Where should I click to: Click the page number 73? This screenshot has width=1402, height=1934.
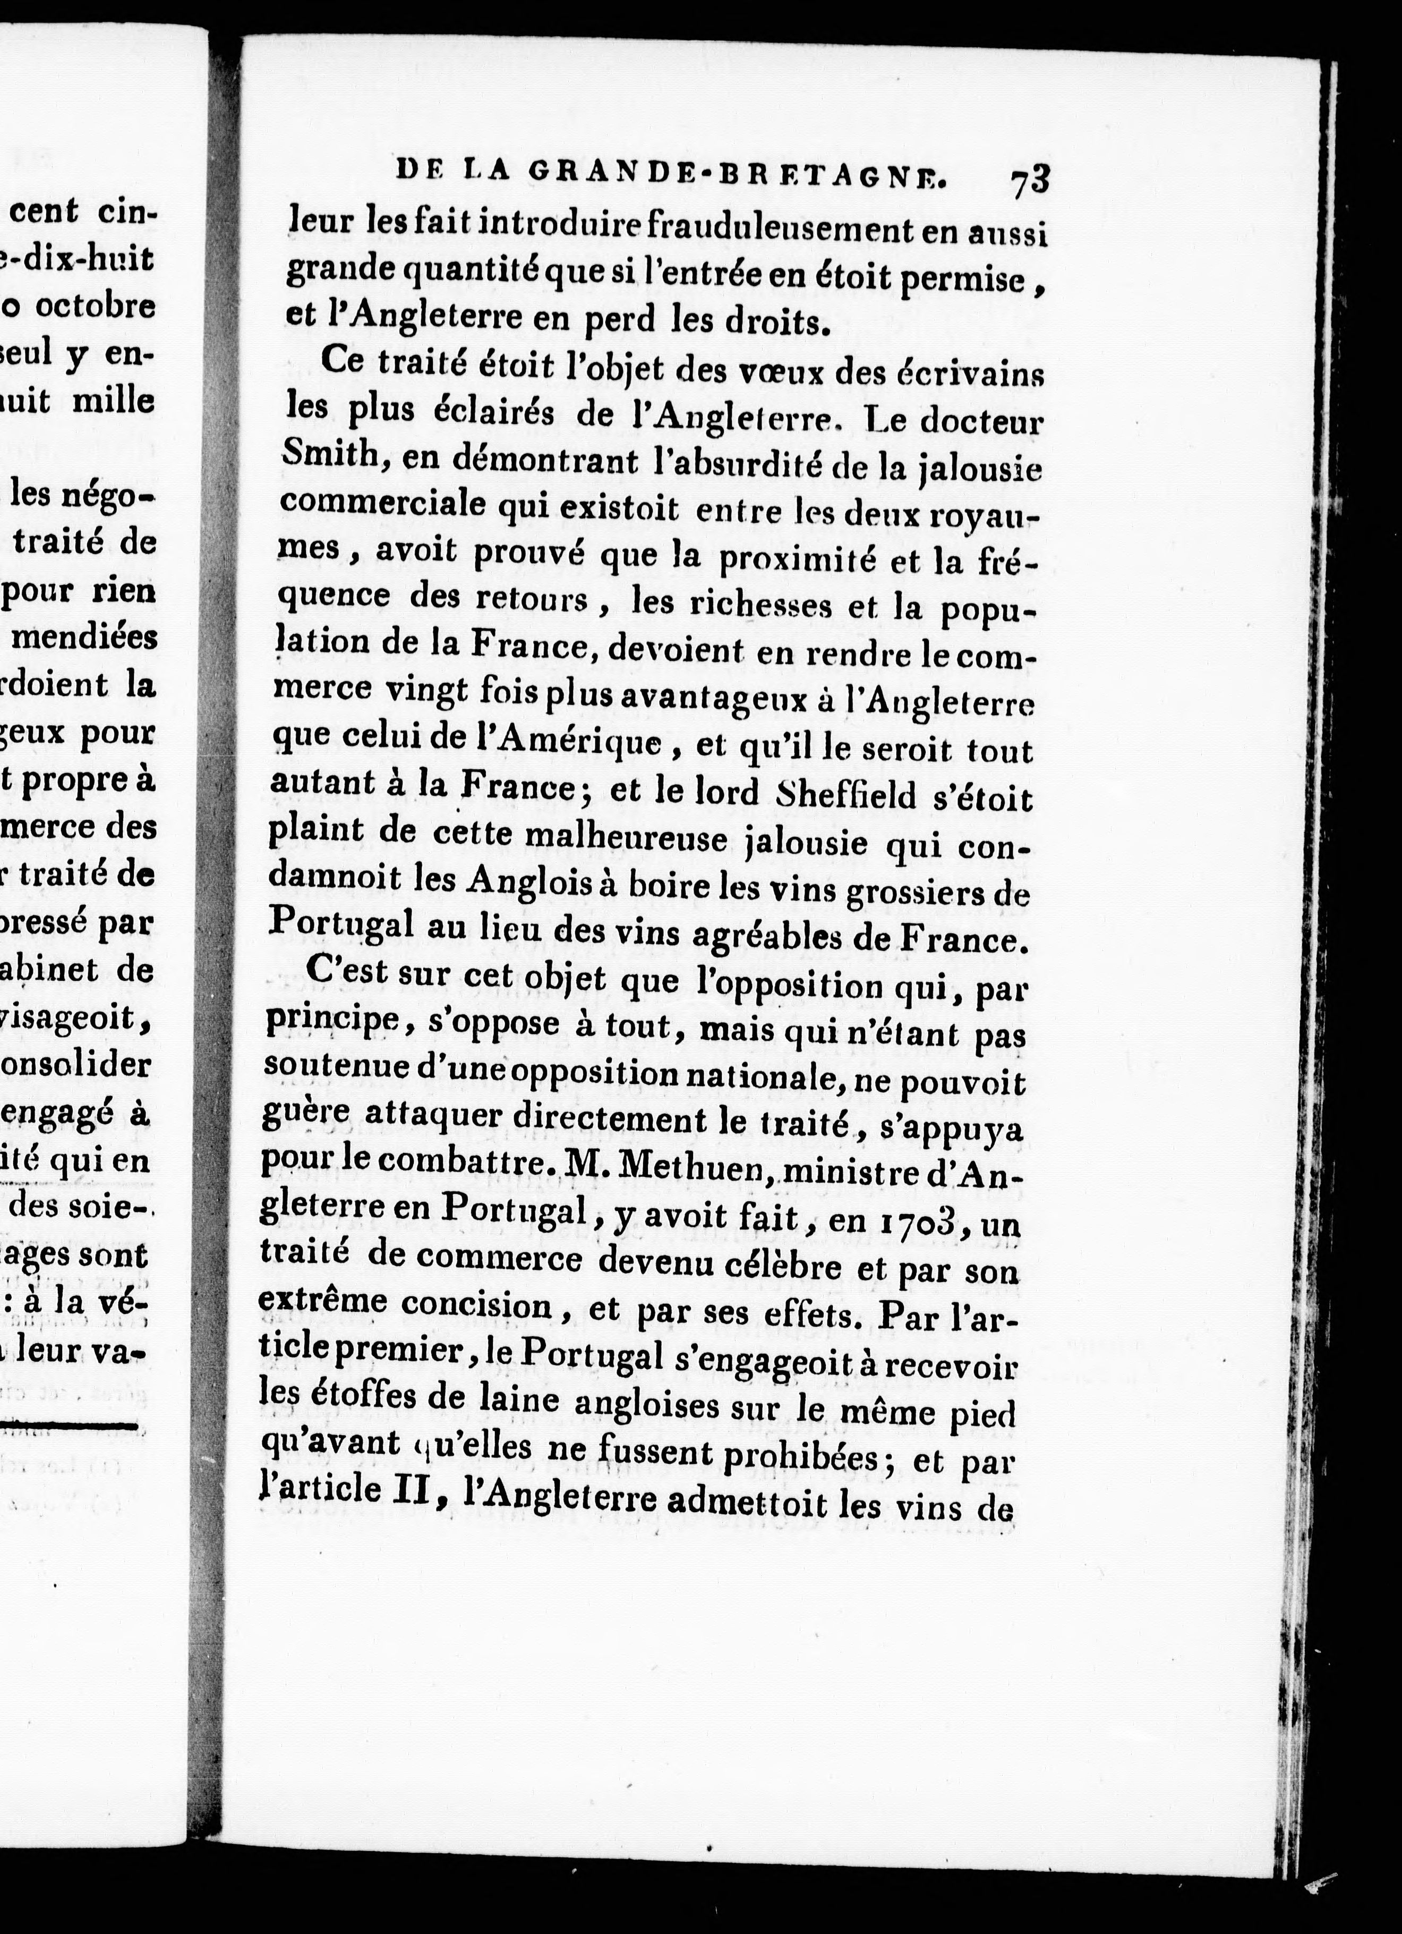(1030, 182)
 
